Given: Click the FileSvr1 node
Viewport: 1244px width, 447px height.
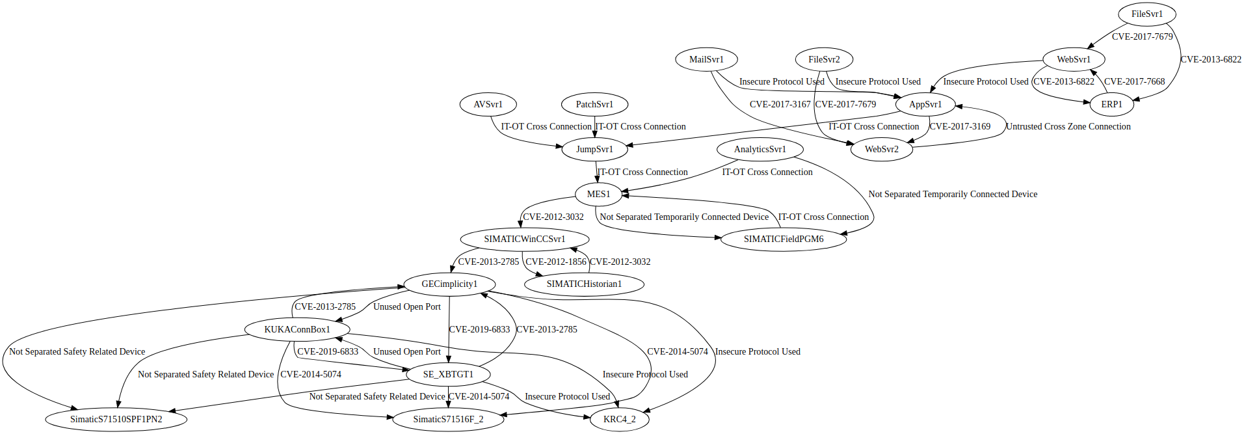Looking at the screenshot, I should [x=1146, y=14].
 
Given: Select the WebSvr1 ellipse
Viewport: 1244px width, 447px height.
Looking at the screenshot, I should [x=1074, y=59].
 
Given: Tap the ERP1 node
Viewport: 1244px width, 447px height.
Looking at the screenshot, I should [x=1111, y=104].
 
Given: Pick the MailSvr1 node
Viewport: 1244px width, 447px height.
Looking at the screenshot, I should [x=706, y=59].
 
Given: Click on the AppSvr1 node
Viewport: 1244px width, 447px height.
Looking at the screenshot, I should [x=925, y=104].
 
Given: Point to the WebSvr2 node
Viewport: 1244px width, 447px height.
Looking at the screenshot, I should [x=881, y=149].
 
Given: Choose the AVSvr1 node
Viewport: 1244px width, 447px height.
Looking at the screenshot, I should [x=488, y=104].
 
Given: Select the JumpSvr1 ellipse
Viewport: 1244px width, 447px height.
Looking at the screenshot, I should [x=594, y=149].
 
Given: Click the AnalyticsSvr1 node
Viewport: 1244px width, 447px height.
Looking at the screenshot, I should [x=760, y=149].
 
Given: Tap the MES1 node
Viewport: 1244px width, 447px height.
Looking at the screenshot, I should [x=598, y=194].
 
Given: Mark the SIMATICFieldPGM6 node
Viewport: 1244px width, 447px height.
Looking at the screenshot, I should [x=783, y=239].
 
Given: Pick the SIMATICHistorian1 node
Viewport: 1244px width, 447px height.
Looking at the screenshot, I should [x=584, y=284].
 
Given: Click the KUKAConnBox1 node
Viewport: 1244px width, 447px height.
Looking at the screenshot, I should [x=297, y=329].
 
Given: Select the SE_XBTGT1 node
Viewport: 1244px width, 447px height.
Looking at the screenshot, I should [x=448, y=374].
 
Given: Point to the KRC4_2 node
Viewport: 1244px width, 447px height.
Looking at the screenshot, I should [x=619, y=419].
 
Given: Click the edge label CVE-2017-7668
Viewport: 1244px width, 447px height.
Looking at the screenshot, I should [x=1134, y=81].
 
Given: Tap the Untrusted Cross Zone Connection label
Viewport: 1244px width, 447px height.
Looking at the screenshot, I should [x=1068, y=126].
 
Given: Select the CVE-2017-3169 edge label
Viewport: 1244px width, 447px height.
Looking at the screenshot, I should [x=960, y=126].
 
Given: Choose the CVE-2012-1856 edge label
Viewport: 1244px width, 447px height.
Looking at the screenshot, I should [x=555, y=262].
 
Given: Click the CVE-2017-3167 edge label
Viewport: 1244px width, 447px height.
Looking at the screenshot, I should [x=780, y=104].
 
